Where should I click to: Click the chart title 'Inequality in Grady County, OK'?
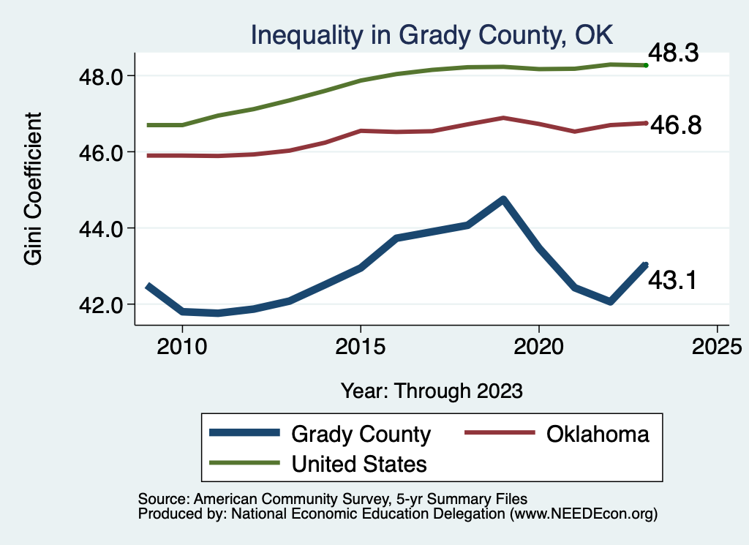pyautogui.click(x=431, y=35)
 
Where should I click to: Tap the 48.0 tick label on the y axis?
pyautogui.click(x=104, y=76)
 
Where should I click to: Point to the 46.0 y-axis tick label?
pyautogui.click(x=104, y=152)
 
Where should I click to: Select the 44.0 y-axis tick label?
pyautogui.click(x=104, y=228)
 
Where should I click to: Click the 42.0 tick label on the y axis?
pyautogui.click(x=104, y=304)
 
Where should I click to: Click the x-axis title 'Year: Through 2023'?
pyautogui.click(x=432, y=391)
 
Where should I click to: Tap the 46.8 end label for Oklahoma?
pyautogui.click(x=676, y=126)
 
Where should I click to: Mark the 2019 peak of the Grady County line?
pyautogui.click(x=503, y=199)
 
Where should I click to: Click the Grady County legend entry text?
pyautogui.click(x=361, y=434)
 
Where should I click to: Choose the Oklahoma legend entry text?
pyautogui.click(x=597, y=434)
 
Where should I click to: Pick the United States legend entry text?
pyautogui.click(x=359, y=463)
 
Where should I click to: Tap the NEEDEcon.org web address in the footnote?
pyautogui.click(x=584, y=514)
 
